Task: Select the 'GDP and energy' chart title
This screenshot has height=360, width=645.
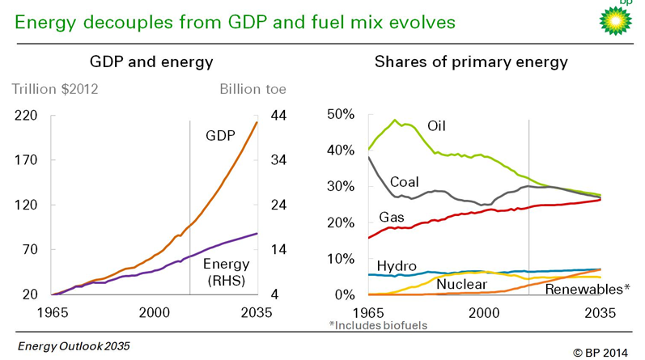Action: coord(151,62)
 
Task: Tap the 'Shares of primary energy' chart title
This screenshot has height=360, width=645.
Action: coord(471,62)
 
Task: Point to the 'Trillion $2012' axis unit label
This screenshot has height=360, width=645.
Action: coord(54,89)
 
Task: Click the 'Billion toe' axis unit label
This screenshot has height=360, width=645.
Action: coord(252,89)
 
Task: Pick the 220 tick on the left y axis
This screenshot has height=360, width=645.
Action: coord(28,116)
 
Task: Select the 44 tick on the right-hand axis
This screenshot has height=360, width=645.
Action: coord(278,116)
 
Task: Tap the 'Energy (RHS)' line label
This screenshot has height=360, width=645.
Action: coord(226,272)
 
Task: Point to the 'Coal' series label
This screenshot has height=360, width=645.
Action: coord(405,181)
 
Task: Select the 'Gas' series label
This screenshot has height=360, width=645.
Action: coord(392,218)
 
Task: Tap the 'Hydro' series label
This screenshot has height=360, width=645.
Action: coord(397,266)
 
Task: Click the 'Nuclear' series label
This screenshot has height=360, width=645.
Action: coord(461,284)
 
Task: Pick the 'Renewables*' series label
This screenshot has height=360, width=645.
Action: coord(588,288)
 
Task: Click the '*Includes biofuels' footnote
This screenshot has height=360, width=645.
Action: coord(378,325)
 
